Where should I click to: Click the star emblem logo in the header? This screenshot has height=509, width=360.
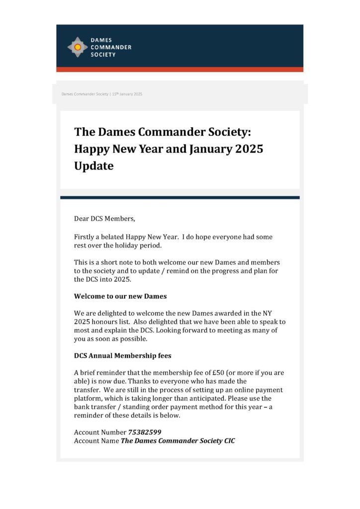[78, 47]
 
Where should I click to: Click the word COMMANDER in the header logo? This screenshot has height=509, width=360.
[111, 47]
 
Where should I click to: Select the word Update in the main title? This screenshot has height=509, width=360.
[94, 166]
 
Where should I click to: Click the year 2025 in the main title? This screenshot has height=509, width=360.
[246, 149]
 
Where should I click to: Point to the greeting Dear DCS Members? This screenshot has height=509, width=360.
[104, 219]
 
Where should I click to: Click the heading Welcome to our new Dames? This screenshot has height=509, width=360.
[120, 296]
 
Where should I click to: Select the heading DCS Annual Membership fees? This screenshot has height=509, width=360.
[123, 356]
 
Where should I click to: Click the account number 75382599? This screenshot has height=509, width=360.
[145, 432]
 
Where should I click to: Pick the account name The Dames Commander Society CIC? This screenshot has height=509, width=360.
[178, 441]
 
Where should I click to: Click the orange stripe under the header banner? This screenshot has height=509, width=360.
[180, 70]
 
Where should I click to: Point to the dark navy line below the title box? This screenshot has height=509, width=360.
[180, 197]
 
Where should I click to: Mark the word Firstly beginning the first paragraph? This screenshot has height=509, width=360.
[86, 237]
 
